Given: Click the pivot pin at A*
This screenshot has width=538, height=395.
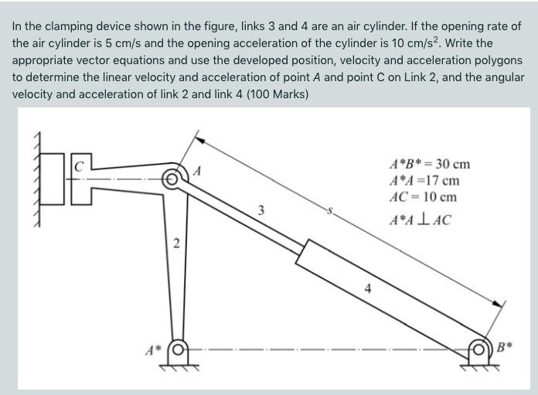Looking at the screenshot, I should point(179,349).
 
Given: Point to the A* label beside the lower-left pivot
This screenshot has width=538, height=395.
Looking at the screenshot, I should point(154,350).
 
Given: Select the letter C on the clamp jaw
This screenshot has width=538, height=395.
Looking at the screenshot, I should point(80,165).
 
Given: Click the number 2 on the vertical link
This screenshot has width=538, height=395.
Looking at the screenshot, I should point(176,245).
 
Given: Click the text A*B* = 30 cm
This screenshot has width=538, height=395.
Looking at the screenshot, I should point(430,164).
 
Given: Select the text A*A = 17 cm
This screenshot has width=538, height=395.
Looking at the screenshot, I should point(424,180).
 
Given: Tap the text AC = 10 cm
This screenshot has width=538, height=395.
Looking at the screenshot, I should point(423,196).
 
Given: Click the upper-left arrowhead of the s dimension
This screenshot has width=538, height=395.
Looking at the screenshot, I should point(198,141).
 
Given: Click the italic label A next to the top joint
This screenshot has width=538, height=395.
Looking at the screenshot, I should point(197,170).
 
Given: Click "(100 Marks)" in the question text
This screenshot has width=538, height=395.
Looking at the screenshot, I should point(274,94).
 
